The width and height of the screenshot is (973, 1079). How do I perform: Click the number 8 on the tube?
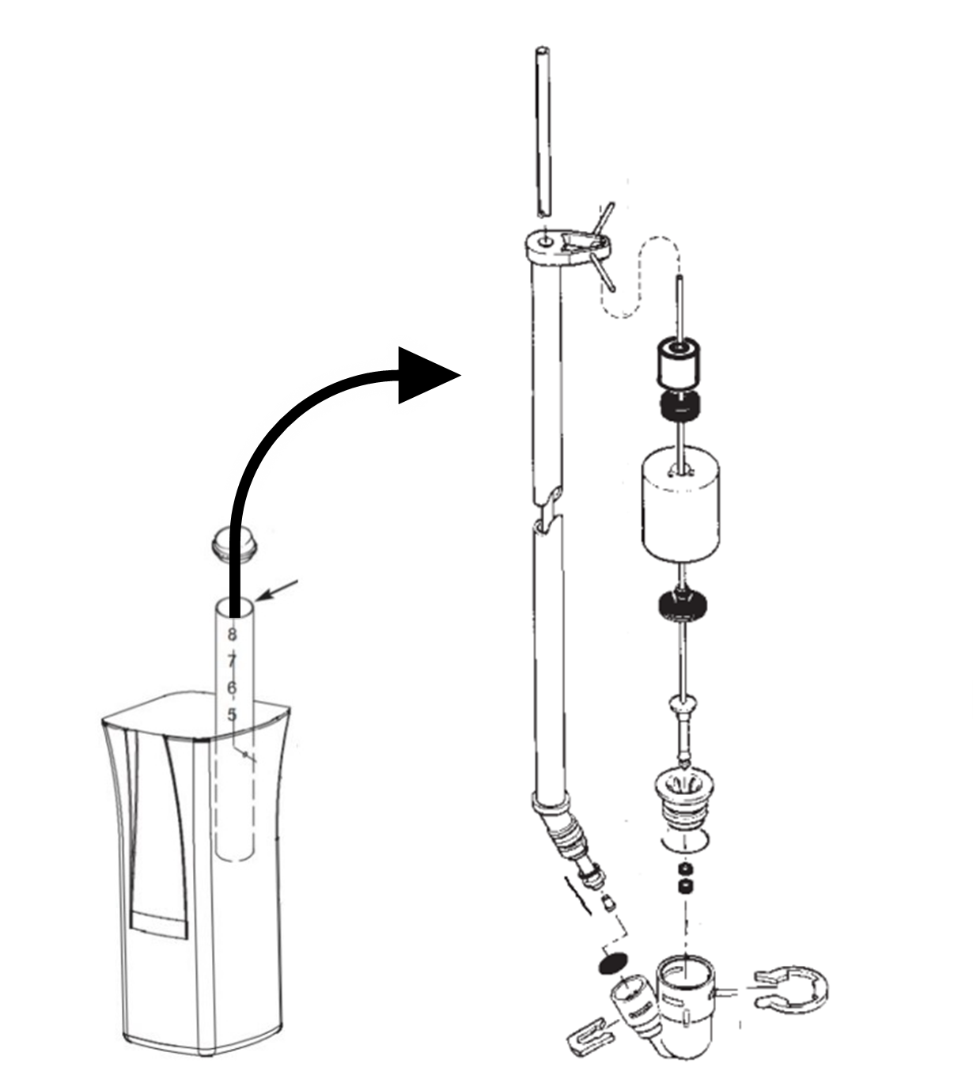232,634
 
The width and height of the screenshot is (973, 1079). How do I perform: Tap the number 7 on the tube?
232,661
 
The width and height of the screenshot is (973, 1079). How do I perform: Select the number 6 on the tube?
232,688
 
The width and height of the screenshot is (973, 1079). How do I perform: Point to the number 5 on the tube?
232,715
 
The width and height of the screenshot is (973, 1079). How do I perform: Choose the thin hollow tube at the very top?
541,131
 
